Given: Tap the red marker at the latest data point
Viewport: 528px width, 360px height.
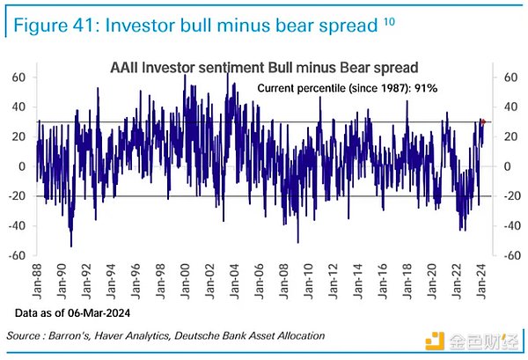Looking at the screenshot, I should point(482,121).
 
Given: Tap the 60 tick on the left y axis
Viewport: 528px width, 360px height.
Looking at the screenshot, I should point(17,77).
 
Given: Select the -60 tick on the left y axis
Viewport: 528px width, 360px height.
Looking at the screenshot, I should point(15,256).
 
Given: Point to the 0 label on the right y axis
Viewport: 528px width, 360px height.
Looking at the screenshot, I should point(504,166).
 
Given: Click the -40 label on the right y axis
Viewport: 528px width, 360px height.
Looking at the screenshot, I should point(509,226).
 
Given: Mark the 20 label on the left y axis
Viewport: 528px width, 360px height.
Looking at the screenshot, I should point(17,136).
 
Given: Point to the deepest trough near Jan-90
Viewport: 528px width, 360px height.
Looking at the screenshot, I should point(71,246).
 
